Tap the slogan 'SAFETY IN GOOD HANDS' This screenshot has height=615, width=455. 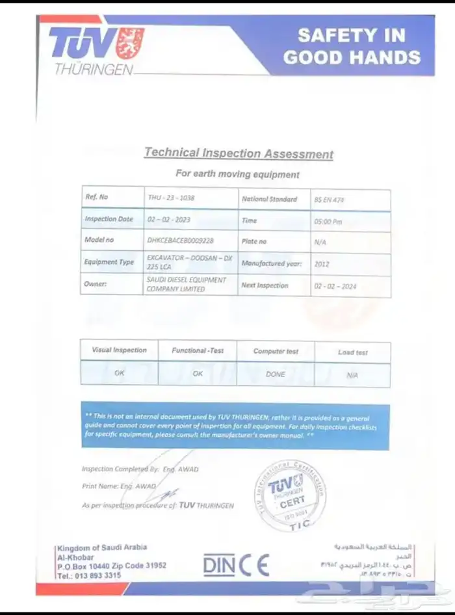pyautogui.click(x=352, y=46)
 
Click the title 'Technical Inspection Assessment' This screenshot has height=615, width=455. pyautogui.click(x=239, y=153)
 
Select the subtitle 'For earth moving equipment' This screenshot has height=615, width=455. pyautogui.click(x=238, y=174)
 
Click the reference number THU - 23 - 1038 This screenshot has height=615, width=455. pyautogui.click(x=171, y=197)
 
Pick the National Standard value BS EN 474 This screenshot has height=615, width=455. pyautogui.click(x=329, y=200)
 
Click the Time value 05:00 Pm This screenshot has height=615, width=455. pyautogui.click(x=329, y=222)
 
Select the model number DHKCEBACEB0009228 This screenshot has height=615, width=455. pyautogui.click(x=180, y=240)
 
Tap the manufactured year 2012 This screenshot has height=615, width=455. pyautogui.click(x=322, y=265)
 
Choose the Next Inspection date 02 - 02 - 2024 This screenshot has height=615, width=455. pyautogui.click(x=335, y=286)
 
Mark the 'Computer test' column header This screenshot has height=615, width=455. pyautogui.click(x=276, y=351)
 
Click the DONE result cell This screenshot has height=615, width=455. pyautogui.click(x=276, y=374)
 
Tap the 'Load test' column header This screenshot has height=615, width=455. pyautogui.click(x=353, y=352)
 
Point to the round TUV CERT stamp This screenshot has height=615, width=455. pyautogui.click(x=291, y=495)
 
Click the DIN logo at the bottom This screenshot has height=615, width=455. pyautogui.click(x=218, y=565)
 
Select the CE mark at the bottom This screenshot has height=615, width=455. pyautogui.click(x=254, y=564)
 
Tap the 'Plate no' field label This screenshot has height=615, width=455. pyautogui.click(x=254, y=241)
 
